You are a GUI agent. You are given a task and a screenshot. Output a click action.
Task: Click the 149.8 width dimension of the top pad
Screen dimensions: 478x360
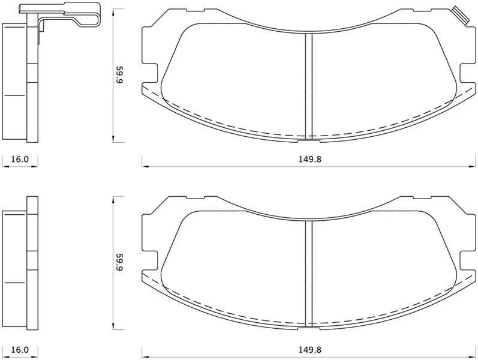click(310, 159)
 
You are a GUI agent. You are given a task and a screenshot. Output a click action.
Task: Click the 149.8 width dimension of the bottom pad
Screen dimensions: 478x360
click(310, 349)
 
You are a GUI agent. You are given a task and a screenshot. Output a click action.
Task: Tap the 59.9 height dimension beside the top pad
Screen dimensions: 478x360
click(119, 75)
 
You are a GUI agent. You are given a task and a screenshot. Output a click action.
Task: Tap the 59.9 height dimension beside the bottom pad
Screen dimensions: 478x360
click(119, 263)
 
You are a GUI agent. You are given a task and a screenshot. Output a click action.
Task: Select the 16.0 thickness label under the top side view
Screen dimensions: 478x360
click(20, 159)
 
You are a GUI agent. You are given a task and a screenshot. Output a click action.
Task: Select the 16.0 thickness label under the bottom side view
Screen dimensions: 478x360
click(20, 349)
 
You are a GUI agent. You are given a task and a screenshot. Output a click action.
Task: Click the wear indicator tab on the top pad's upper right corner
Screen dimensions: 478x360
click(459, 15)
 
